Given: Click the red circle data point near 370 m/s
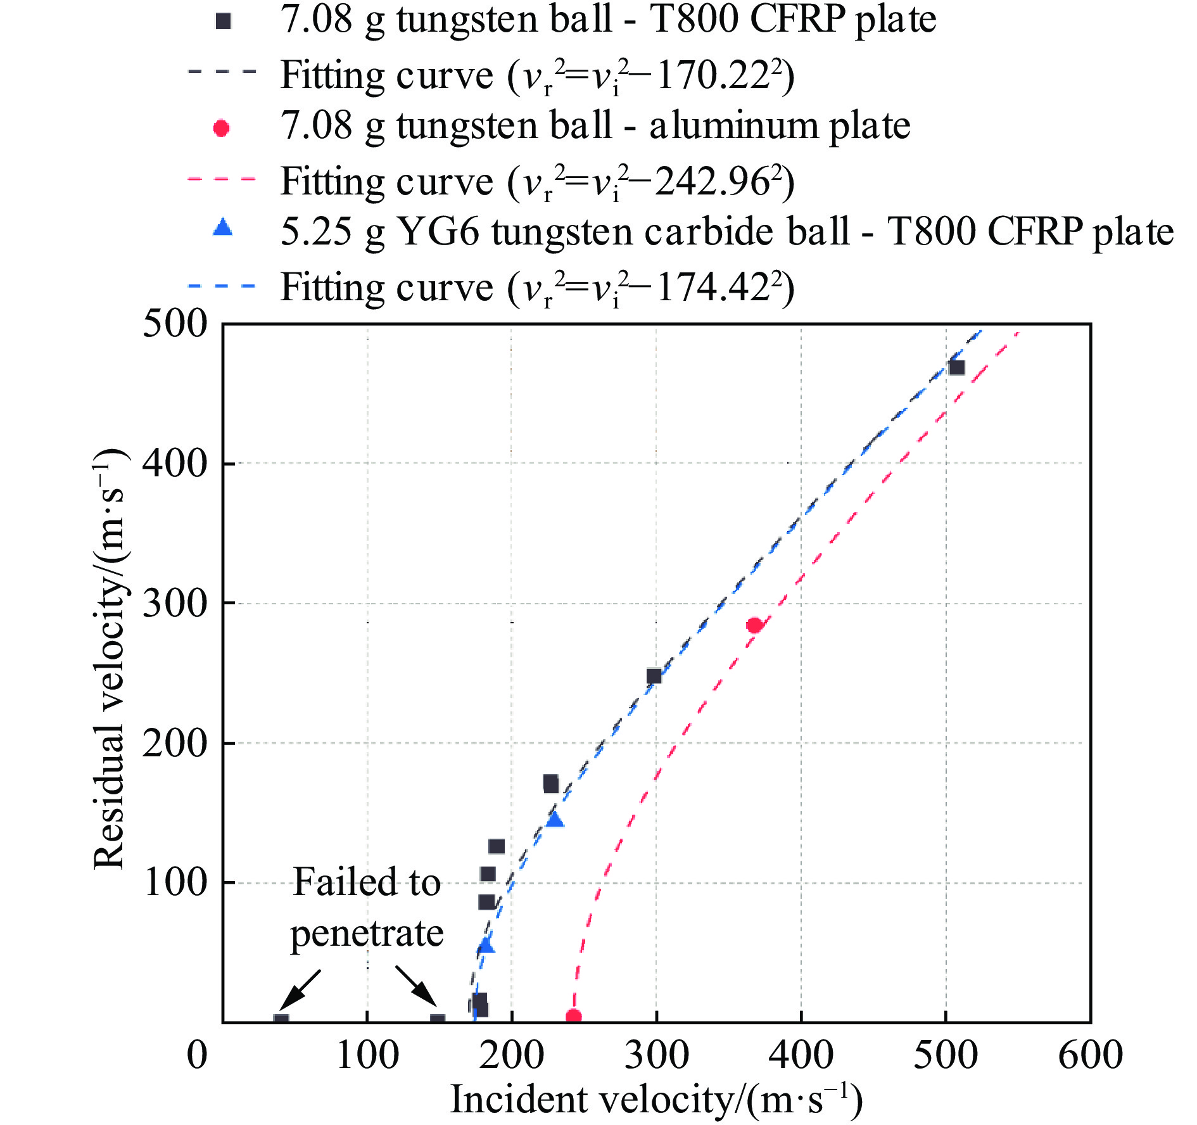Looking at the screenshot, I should pyautogui.click(x=754, y=626).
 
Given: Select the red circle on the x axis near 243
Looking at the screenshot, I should pyautogui.click(x=573, y=1017).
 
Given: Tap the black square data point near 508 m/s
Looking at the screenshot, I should pyautogui.click(x=956, y=367).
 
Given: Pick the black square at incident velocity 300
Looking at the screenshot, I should pyautogui.click(x=654, y=676).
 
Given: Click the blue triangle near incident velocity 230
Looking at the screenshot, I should pyautogui.click(x=555, y=819).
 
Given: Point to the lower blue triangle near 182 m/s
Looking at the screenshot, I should pyautogui.click(x=486, y=944).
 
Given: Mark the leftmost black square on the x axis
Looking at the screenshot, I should pyautogui.click(x=281, y=1020).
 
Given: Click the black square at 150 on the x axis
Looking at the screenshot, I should pyautogui.click(x=438, y=1020).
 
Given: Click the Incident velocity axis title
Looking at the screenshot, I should pyautogui.click(x=656, y=1100).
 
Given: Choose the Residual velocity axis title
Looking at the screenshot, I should pyautogui.click(x=109, y=659).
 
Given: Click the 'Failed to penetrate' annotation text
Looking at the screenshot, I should pyautogui.click(x=367, y=907).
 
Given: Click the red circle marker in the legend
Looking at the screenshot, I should pyautogui.click(x=222, y=129).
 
